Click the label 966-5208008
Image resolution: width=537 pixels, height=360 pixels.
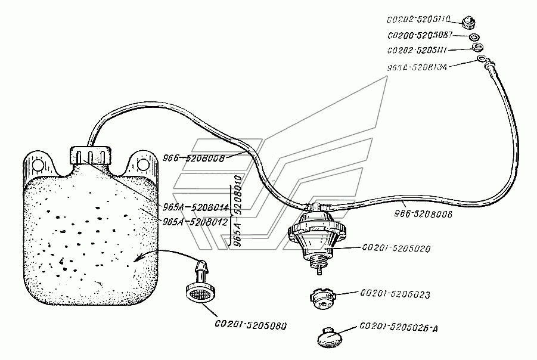pos(188,159)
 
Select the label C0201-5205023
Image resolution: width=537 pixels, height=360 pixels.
pos(395,294)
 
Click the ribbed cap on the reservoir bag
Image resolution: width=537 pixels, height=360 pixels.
pos(91,155)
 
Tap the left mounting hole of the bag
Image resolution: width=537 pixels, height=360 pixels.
pos(36,163)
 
